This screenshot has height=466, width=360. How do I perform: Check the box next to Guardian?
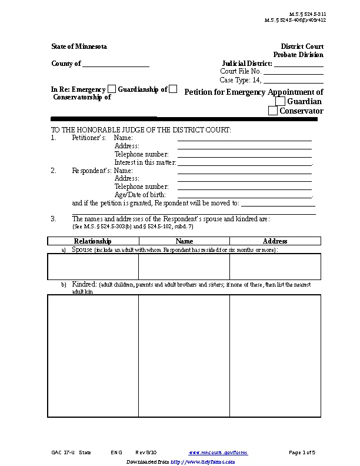click(x=280, y=102)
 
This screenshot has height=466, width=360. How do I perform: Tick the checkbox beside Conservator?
click(x=273, y=111)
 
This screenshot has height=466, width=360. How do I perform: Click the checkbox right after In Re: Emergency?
click(x=112, y=89)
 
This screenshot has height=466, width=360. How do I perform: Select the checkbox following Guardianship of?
click(x=173, y=89)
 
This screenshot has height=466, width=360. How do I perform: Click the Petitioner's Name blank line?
click(x=244, y=138)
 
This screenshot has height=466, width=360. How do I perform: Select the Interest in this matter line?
click(x=244, y=163)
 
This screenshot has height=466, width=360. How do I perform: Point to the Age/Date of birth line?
click(x=244, y=195)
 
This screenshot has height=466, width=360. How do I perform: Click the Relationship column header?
click(x=93, y=241)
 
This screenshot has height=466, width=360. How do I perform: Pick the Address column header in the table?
click(x=275, y=241)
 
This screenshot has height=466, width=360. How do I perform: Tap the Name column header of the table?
click(x=184, y=241)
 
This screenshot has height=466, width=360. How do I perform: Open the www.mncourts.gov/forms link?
click(x=218, y=452)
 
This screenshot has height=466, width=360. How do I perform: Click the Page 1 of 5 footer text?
click(x=302, y=452)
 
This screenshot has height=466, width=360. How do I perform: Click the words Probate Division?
click(x=298, y=55)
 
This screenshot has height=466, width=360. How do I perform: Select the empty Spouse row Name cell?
click(x=184, y=267)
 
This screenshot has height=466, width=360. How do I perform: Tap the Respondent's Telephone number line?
click(x=244, y=187)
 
